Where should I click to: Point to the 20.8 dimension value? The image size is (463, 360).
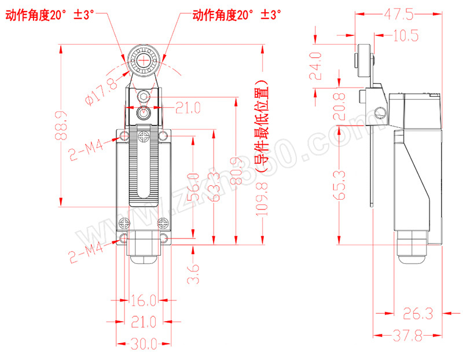(342, 107)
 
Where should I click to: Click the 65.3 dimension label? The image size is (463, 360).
(342, 185)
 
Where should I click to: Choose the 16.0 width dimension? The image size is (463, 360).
(144, 300)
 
